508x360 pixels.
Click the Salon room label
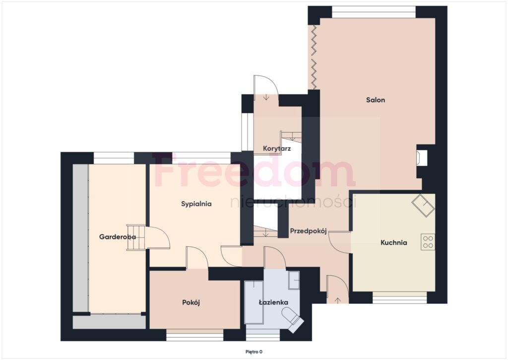pos(376,100)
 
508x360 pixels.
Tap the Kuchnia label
pos(393,243)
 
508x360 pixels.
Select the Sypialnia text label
pos(196,204)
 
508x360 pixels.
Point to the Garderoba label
pos(117,237)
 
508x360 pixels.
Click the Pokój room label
pos(191,302)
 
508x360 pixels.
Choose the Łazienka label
pos(273,302)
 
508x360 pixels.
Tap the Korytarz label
pos(277,149)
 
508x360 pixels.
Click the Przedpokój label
pos(308,231)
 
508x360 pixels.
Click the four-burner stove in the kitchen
pos(428,242)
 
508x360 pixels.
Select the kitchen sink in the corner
pos(423,205)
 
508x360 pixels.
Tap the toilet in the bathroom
pos(293,320)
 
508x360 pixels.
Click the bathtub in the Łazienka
pos(254,302)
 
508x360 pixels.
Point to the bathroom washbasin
pos(294,280)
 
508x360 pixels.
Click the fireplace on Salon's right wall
pos(422,157)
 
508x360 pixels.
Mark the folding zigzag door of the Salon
pos(314,57)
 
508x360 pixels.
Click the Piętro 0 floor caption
pos(254,352)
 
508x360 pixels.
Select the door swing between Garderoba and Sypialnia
pos(158,238)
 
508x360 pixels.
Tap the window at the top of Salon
pos(374,12)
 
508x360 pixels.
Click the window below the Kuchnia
pos(399,298)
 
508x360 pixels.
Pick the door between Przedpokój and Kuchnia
pos(339,243)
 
